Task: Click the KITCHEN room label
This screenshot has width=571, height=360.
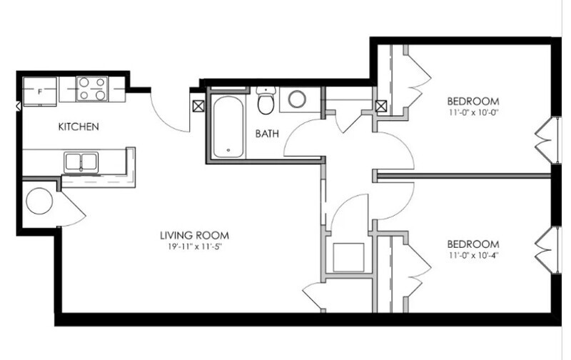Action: point(78,127)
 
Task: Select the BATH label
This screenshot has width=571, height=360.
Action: point(266,134)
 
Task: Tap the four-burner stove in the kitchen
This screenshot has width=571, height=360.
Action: point(92,89)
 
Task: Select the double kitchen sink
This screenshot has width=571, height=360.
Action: point(81,162)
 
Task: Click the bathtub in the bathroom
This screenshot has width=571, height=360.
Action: point(228,127)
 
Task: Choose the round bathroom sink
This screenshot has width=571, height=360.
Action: point(297,99)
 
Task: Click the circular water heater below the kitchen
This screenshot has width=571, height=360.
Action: point(40,200)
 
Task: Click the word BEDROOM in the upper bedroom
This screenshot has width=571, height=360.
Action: point(473,100)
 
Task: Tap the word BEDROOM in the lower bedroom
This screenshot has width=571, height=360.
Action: point(473,243)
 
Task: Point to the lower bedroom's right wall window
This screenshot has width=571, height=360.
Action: point(549,246)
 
